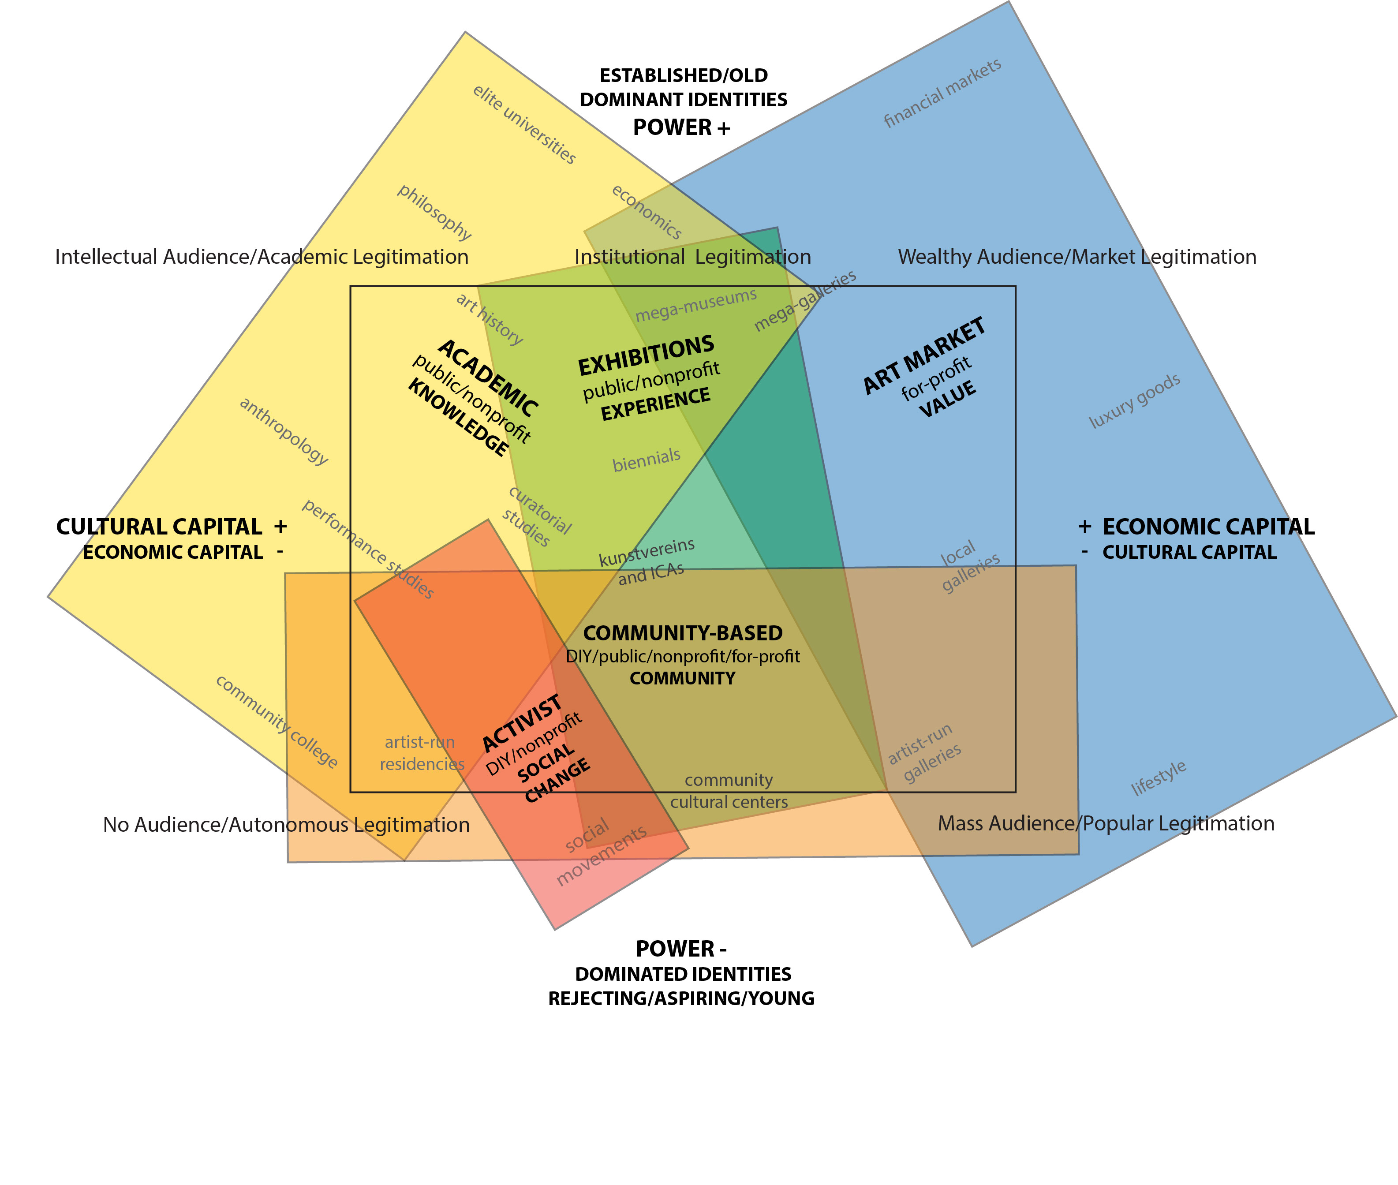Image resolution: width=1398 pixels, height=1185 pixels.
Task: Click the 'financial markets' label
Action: click(x=942, y=93)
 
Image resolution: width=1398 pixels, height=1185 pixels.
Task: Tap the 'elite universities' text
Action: click(x=524, y=124)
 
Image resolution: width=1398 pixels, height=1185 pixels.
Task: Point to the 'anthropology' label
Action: click(x=284, y=431)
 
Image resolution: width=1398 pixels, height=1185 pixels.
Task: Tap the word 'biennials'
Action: click(x=646, y=460)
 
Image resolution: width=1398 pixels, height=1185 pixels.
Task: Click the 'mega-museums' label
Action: click(x=695, y=305)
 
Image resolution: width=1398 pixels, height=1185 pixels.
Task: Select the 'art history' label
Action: click(x=489, y=319)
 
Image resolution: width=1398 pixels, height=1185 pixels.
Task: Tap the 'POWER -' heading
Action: click(x=680, y=949)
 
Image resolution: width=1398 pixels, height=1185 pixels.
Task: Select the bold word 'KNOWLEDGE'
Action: click(x=458, y=417)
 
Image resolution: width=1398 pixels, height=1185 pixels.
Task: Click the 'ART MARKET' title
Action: click(x=924, y=355)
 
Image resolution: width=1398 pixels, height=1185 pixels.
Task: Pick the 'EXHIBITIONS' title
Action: click(x=646, y=355)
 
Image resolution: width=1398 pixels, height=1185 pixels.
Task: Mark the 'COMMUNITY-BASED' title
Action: click(x=683, y=633)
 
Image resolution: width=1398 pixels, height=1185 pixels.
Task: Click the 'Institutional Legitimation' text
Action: click(x=693, y=257)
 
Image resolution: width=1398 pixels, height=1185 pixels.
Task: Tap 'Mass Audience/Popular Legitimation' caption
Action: click(x=1106, y=823)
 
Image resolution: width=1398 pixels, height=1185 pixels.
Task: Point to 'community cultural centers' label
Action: click(x=729, y=791)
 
